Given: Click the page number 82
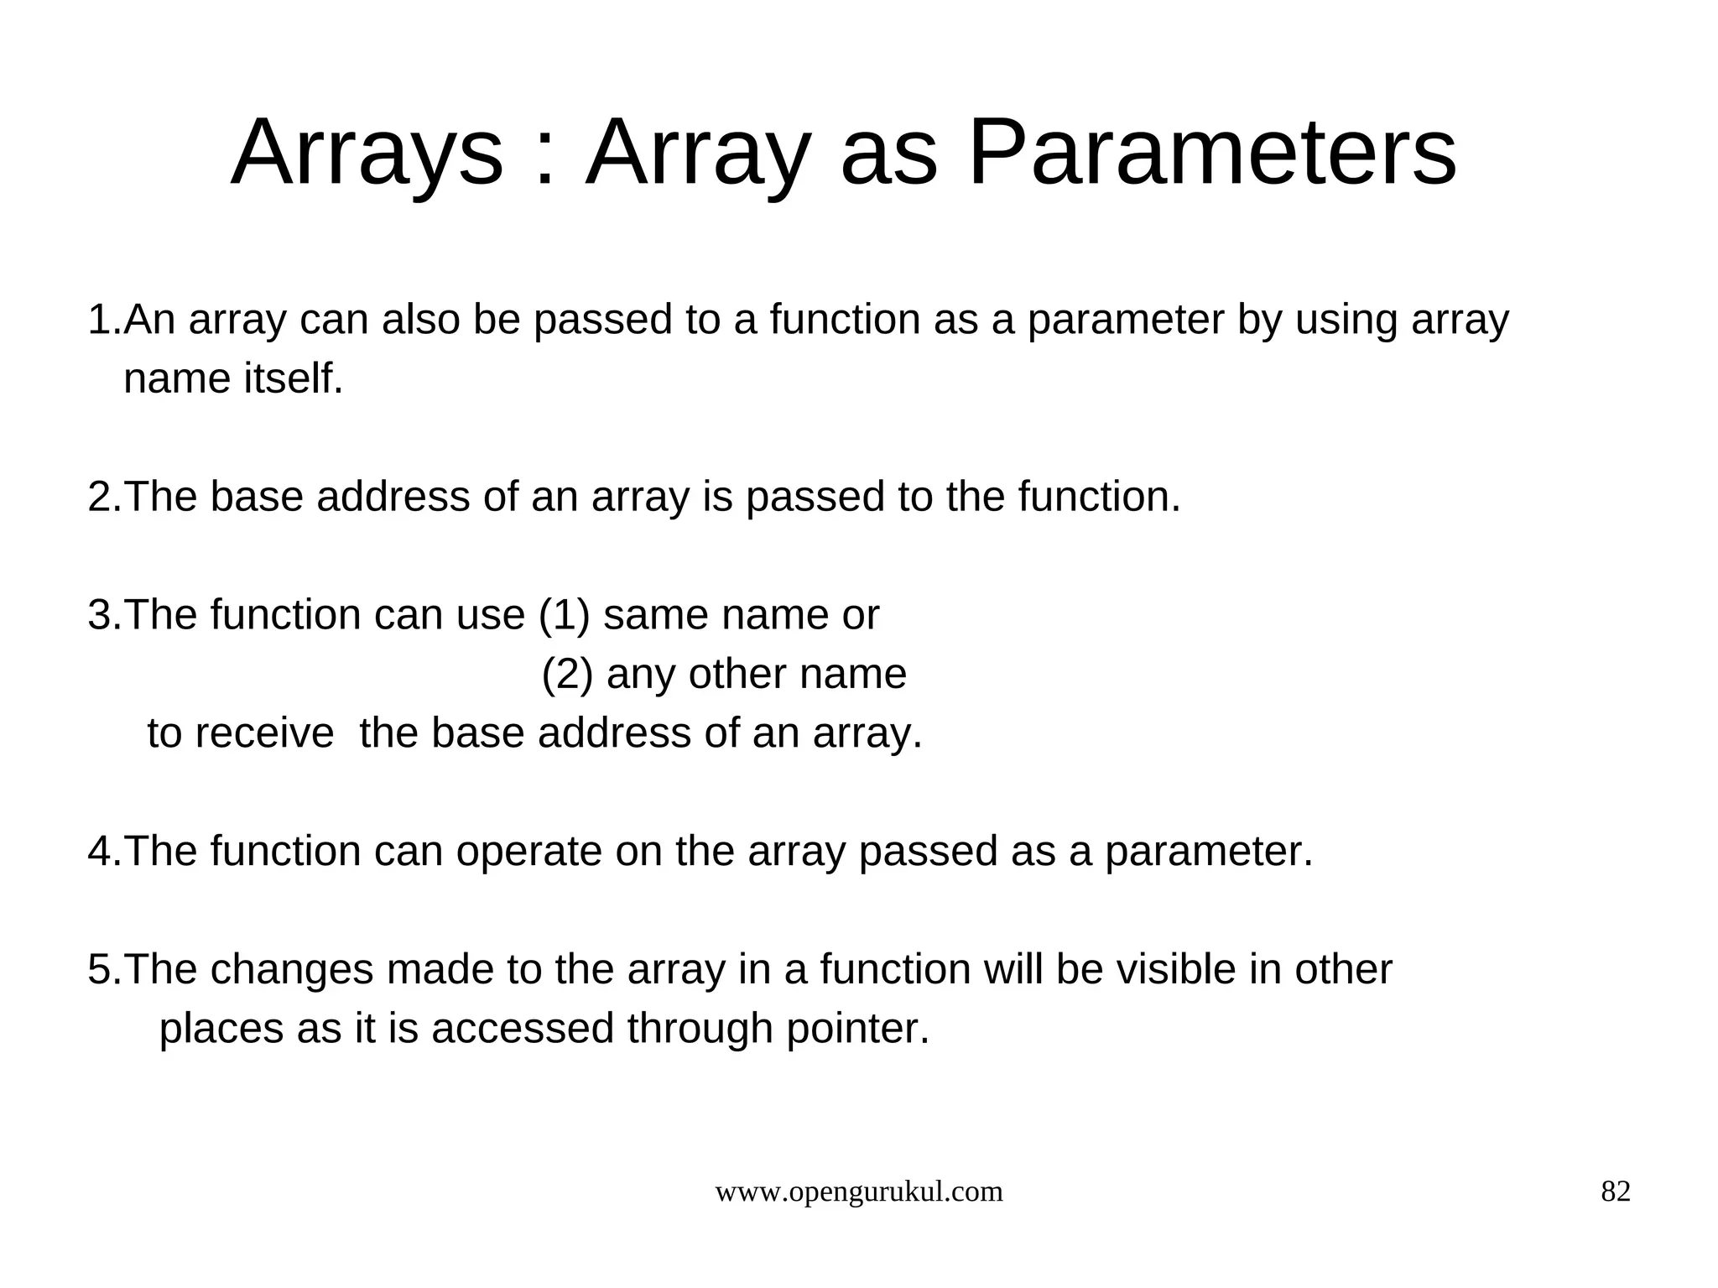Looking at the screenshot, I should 1616,1192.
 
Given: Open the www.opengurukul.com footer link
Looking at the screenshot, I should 858,1192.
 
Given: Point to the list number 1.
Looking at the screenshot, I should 100,321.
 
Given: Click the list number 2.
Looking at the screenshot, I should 100,497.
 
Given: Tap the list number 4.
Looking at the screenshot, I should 100,852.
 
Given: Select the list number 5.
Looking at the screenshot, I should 100,970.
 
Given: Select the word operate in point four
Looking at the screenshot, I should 528,852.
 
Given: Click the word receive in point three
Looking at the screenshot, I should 264,733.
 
